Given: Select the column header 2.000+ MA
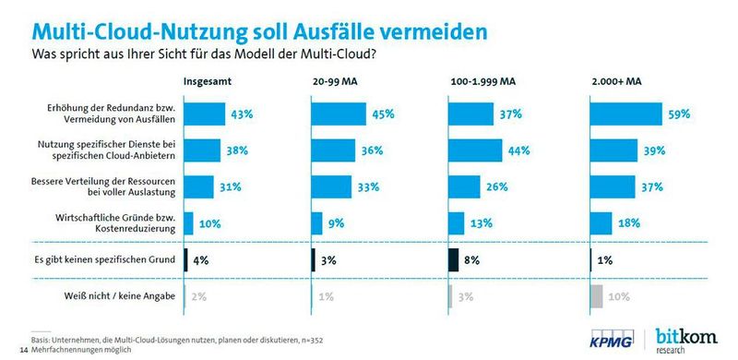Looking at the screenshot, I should coord(613,81).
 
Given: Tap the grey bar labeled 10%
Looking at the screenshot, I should coord(594,297).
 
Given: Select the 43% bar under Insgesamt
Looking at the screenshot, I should coord(205,114).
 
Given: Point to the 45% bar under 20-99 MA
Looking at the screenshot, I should coord(339,114).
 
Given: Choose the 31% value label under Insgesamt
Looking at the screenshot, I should coord(230,186).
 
